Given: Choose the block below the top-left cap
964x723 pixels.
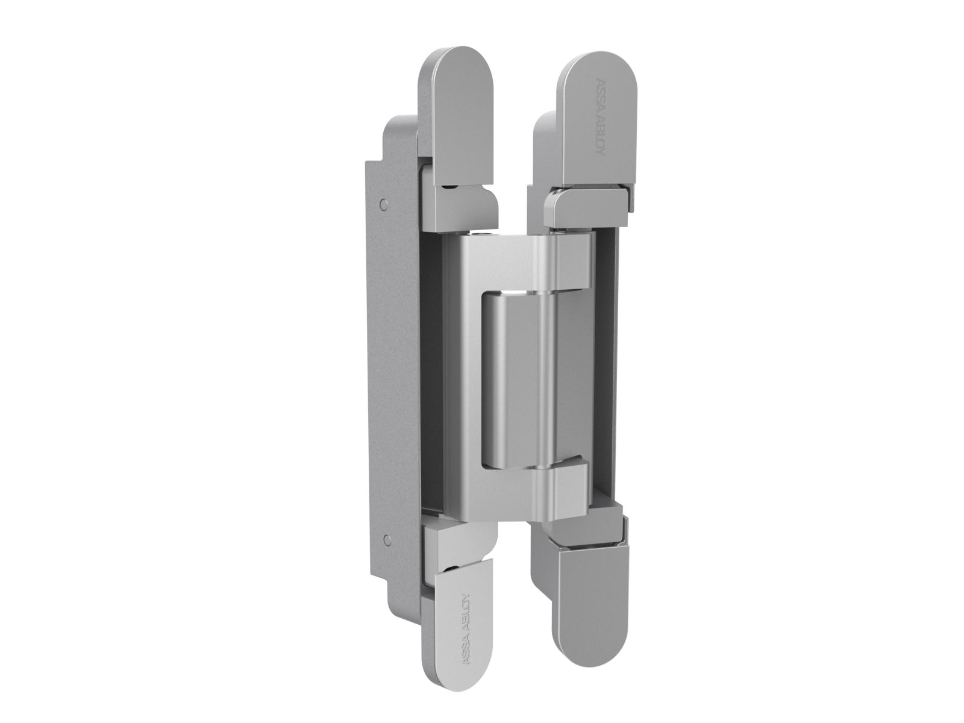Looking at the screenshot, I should pos(461,205).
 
